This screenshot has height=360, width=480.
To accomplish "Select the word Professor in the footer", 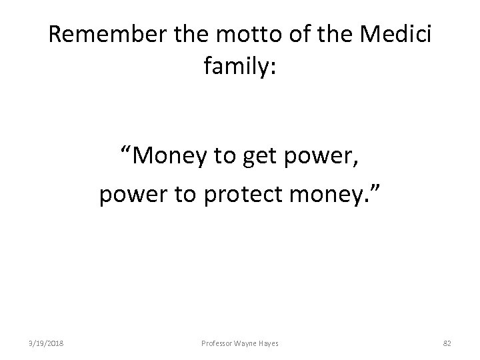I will (215, 343).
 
